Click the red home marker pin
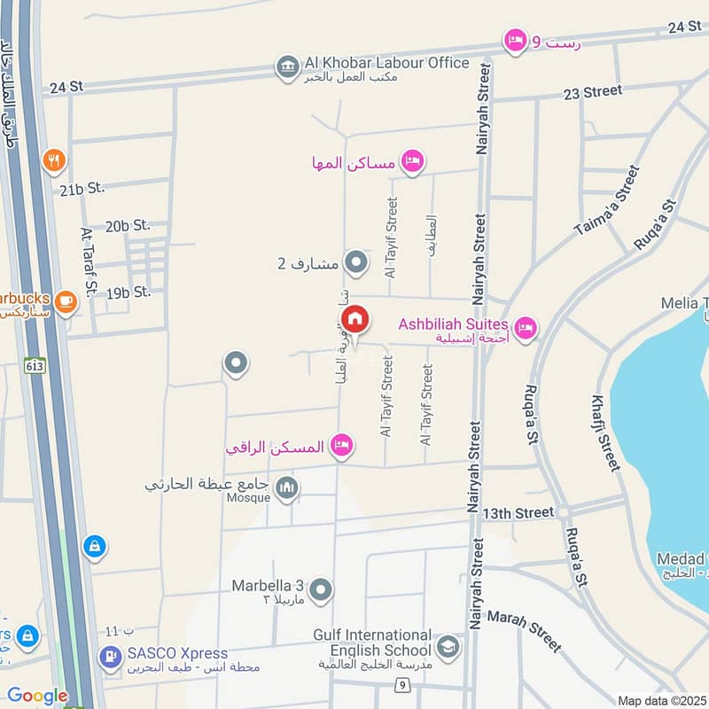point(354,319)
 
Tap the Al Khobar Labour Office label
point(386,63)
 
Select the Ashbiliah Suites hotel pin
point(526,329)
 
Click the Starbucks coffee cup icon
point(65,301)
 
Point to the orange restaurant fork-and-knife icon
point(54,160)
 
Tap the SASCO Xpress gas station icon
point(110,657)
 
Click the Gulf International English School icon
point(448,645)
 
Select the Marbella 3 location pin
point(321,588)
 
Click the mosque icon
point(286,487)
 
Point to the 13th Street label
point(518,513)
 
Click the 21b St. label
point(82,188)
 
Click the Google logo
point(37,697)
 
